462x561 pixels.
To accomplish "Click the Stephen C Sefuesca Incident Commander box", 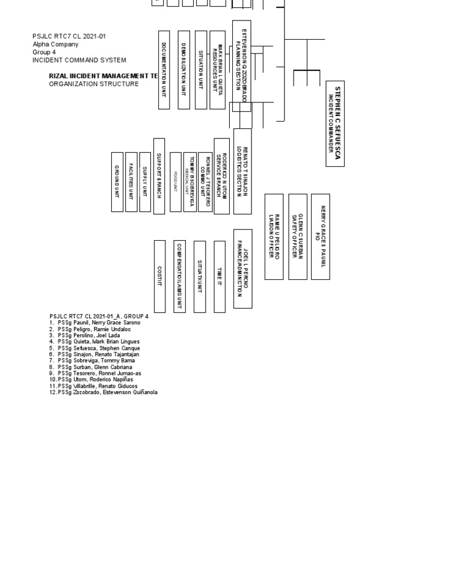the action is click(x=335, y=123).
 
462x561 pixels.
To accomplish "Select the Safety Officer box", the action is click(x=298, y=236).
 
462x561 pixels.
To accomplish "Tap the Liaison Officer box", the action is click(x=274, y=236).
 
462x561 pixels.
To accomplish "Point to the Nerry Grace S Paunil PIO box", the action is click(x=320, y=236).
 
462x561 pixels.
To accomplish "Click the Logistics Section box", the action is click(x=242, y=171).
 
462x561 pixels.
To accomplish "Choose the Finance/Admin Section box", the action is click(x=242, y=268).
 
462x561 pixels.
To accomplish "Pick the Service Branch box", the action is click(x=221, y=176).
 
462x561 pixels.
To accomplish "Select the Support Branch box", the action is click(x=159, y=176).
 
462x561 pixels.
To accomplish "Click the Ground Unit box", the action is click(x=117, y=182).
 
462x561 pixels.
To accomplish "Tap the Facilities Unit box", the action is click(x=131, y=182).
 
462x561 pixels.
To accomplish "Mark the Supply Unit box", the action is click(x=145, y=182).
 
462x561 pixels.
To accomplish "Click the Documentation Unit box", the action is click(x=164, y=70).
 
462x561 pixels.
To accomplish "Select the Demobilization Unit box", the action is click(x=183, y=70).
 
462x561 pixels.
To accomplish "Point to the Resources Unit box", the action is click(x=217, y=70).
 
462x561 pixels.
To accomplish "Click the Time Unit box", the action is click(x=220, y=276).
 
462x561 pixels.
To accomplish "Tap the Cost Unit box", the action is click(x=159, y=276).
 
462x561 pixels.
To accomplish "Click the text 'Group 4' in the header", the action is click(x=44, y=52).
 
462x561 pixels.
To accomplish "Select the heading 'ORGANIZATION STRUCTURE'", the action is click(x=94, y=84).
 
